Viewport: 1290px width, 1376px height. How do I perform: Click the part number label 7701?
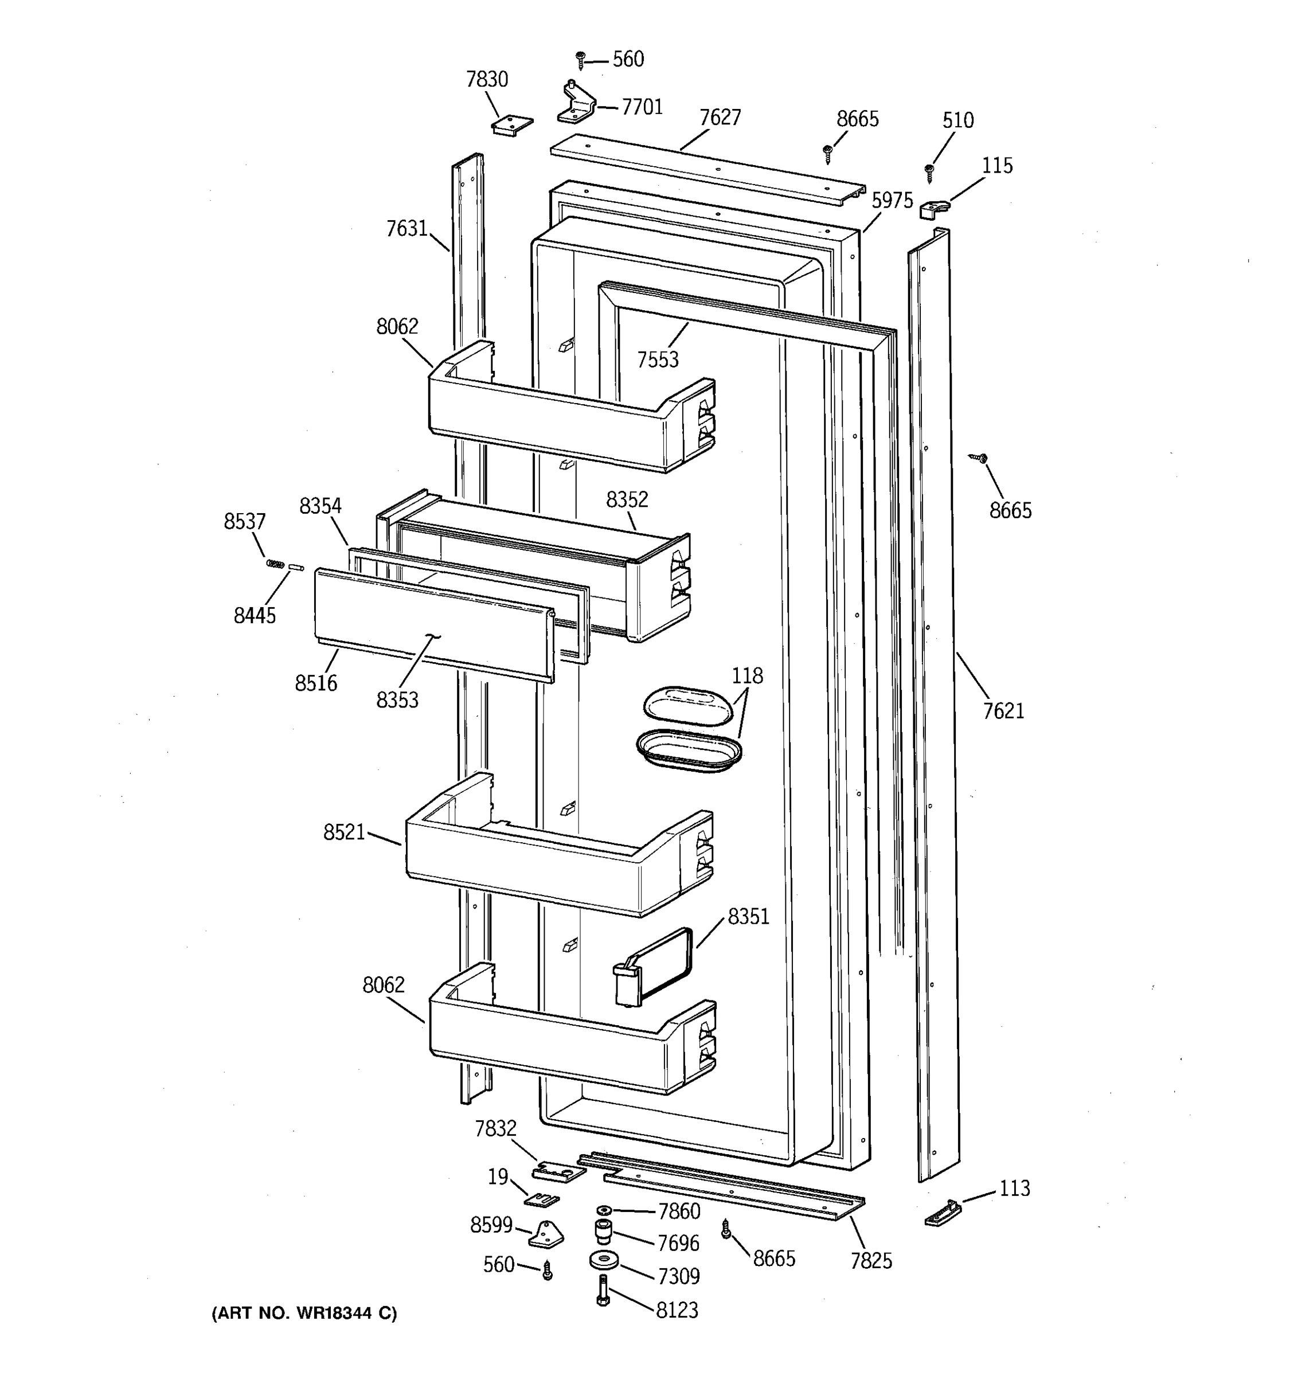642,107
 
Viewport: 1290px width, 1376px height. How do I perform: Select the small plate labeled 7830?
512,124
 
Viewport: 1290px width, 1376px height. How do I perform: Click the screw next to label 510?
930,171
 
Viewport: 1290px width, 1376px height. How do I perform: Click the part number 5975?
892,201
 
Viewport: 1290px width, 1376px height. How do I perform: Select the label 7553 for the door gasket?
658,360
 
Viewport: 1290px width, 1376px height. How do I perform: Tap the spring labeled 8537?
275,564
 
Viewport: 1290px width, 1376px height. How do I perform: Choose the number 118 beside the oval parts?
748,675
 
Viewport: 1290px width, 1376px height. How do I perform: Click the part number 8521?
344,832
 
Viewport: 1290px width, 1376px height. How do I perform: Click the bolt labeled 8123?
602,1291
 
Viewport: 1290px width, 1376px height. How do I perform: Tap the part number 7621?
1003,711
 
